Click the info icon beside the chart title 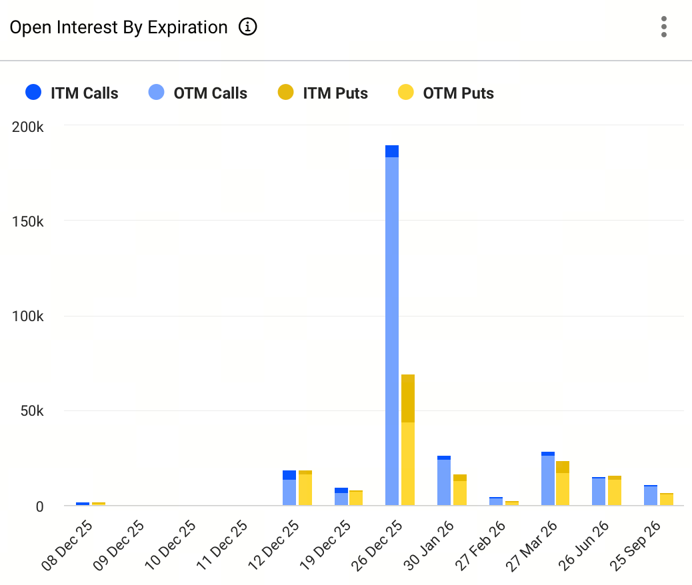pos(248,27)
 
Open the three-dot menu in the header pos(663,27)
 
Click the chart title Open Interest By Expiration pos(119,27)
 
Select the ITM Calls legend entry pos(71,93)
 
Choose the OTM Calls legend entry pos(197,93)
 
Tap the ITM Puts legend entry pos(323,93)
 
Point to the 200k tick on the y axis pos(28,125)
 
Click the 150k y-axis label pos(28,221)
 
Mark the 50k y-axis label pos(31,411)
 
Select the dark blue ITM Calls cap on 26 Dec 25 pos(392,151)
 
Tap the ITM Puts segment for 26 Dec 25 pos(408,398)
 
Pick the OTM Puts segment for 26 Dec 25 pos(408,463)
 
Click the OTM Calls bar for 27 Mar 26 pos(548,480)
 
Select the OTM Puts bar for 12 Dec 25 pos(305,490)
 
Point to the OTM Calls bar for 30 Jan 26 pos(444,482)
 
